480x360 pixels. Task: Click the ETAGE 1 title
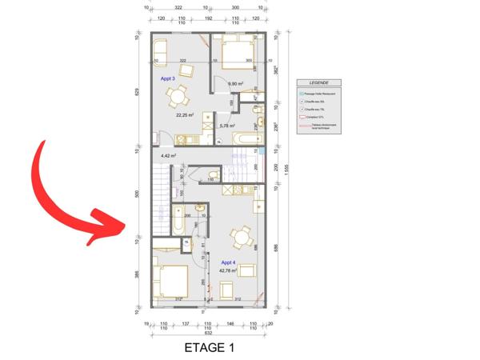(x=210, y=348)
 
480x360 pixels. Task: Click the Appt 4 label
(x=228, y=262)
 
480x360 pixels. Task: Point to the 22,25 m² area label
(x=186, y=114)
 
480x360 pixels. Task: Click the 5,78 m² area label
(x=226, y=126)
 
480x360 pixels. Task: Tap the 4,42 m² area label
(x=168, y=155)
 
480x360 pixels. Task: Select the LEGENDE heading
(x=318, y=82)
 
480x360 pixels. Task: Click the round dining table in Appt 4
(x=239, y=236)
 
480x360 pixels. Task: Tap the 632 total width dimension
(x=208, y=332)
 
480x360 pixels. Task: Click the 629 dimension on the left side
(x=138, y=91)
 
